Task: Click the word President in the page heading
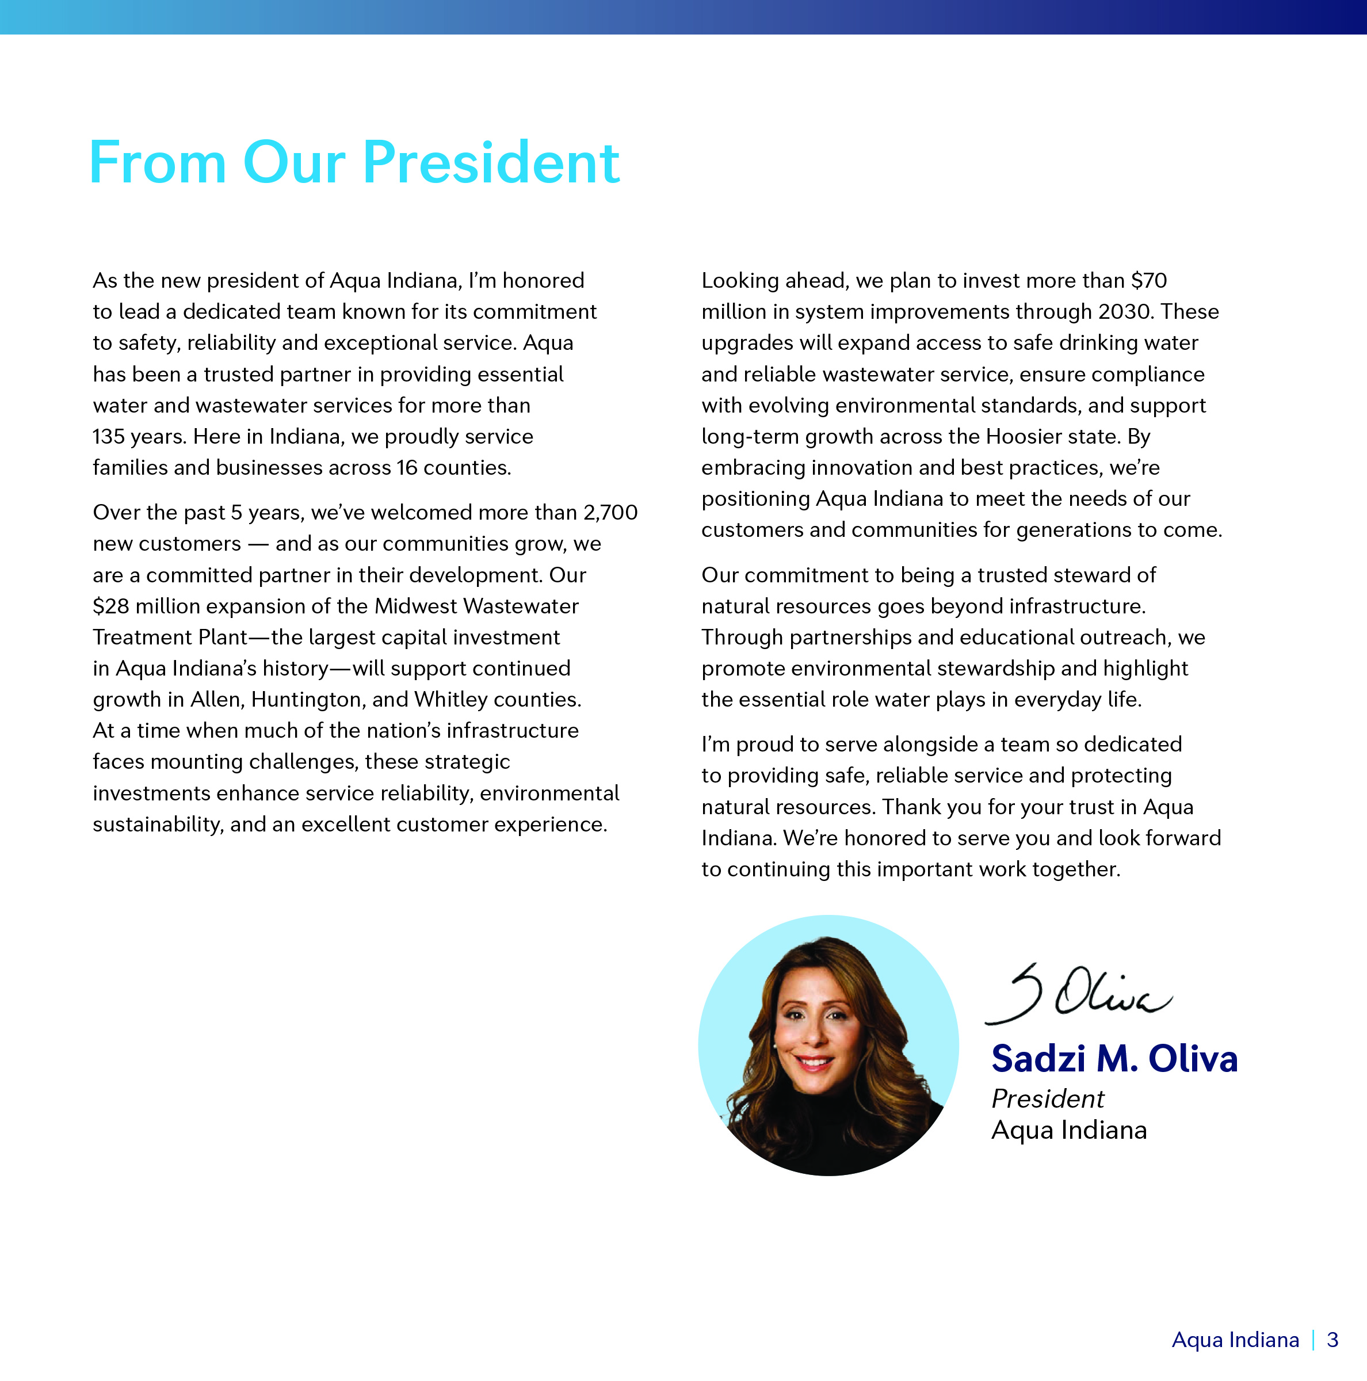tap(491, 163)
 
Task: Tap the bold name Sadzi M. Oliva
tap(1114, 1059)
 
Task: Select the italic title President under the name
tap(1048, 1098)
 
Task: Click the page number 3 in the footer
tap(1332, 1340)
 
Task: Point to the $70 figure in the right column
tap(1149, 280)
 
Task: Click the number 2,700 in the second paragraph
tap(610, 513)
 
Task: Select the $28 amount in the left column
tap(111, 606)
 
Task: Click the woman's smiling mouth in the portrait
tap(815, 1062)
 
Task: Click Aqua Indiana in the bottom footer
tap(1235, 1340)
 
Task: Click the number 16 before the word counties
tap(407, 467)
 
